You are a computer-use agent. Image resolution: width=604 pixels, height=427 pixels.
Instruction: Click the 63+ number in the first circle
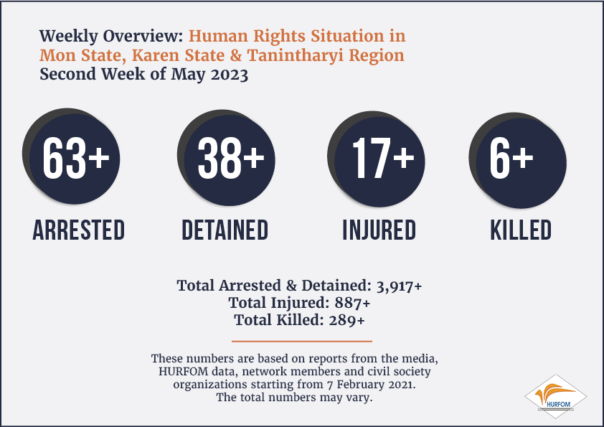76,158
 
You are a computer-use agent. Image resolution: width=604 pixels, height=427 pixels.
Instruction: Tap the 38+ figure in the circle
231,158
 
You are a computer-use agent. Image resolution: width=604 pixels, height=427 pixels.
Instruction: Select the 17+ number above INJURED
383,158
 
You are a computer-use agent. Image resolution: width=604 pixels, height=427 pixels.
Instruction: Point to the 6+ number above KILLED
511,158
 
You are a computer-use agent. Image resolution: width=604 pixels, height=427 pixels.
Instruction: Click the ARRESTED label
79,230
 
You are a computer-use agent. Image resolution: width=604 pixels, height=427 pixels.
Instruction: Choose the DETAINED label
225,230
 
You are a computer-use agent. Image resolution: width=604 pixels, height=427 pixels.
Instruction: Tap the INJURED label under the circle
379,230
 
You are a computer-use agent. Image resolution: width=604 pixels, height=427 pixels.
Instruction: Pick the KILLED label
521,230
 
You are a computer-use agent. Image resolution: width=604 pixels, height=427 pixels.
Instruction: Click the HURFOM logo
555,397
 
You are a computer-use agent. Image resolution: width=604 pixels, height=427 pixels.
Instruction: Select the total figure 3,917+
399,286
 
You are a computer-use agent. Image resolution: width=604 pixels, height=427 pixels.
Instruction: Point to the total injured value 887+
352,303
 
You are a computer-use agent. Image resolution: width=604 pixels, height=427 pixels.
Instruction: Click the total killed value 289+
346,320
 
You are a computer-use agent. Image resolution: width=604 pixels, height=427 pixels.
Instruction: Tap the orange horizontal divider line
302,341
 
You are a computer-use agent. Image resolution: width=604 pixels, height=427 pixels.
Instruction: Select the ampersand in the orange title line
235,55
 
